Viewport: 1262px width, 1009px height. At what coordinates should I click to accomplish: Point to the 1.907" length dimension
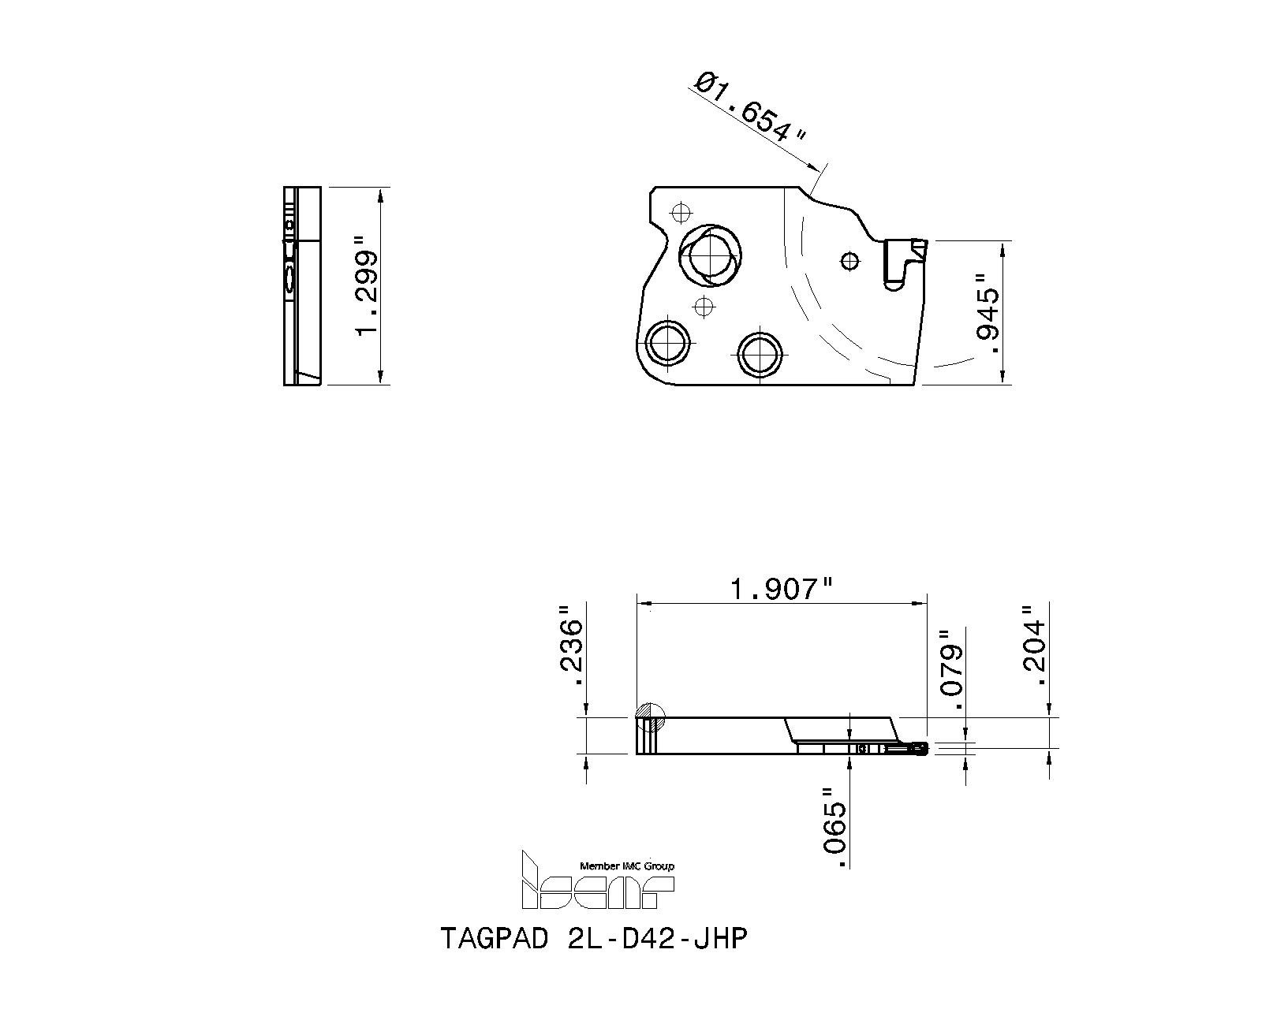[x=782, y=588]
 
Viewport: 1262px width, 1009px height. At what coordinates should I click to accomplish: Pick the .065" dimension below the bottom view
[x=834, y=827]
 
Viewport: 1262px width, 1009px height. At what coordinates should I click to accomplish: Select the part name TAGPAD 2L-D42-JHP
[x=592, y=938]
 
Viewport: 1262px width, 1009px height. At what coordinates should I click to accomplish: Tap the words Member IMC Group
[x=627, y=866]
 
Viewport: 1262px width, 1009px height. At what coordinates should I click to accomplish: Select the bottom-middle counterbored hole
[x=760, y=353]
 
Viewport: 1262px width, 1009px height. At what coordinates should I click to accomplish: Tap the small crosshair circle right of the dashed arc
[x=849, y=260]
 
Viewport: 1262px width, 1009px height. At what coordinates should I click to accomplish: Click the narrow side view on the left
[x=302, y=286]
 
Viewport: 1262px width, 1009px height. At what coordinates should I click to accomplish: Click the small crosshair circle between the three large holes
[x=704, y=306]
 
